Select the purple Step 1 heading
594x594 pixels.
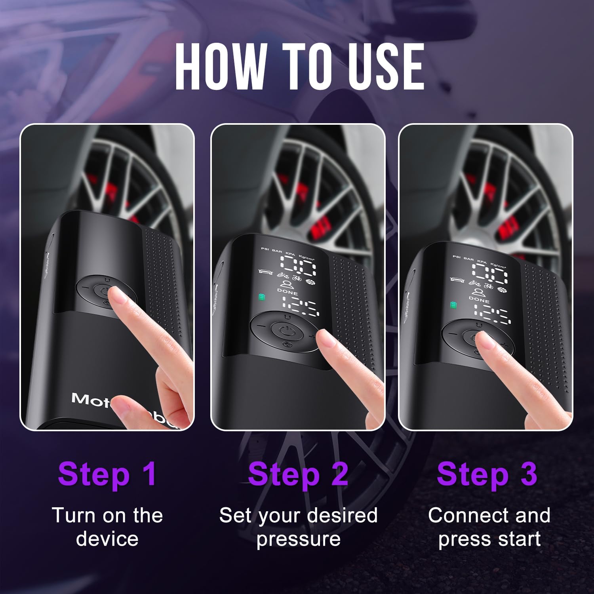click(107, 474)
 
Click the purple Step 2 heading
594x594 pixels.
click(298, 474)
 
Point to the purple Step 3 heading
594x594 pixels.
click(487, 474)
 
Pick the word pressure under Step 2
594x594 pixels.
click(298, 539)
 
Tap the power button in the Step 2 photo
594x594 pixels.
click(284, 329)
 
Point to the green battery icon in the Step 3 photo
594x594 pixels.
click(453, 305)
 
